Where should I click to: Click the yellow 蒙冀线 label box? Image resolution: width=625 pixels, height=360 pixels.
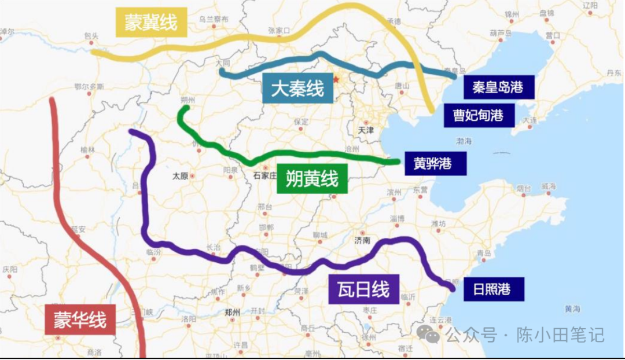tap(151, 23)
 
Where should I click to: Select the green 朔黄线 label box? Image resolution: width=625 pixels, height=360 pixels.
tap(312, 179)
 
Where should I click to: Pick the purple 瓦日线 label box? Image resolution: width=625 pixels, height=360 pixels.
tap(363, 289)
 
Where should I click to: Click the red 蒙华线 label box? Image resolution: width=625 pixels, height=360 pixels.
tap(80, 319)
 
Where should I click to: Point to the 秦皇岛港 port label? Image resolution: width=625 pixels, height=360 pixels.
tap(497, 87)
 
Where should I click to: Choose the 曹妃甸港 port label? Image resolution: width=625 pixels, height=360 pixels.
tap(478, 115)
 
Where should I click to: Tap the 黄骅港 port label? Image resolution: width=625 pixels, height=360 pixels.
tap(432, 163)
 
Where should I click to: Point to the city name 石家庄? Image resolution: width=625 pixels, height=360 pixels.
tap(266, 175)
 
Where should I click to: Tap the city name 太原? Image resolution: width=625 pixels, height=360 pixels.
tap(181, 175)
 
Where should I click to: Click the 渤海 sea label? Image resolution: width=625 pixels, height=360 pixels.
tap(464, 141)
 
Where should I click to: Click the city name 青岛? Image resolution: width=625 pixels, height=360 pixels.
tap(483, 254)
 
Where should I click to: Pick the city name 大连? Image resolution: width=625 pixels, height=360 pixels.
tap(530, 120)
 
